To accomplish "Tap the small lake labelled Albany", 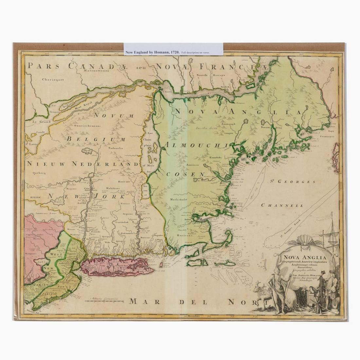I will coord(87,151).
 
